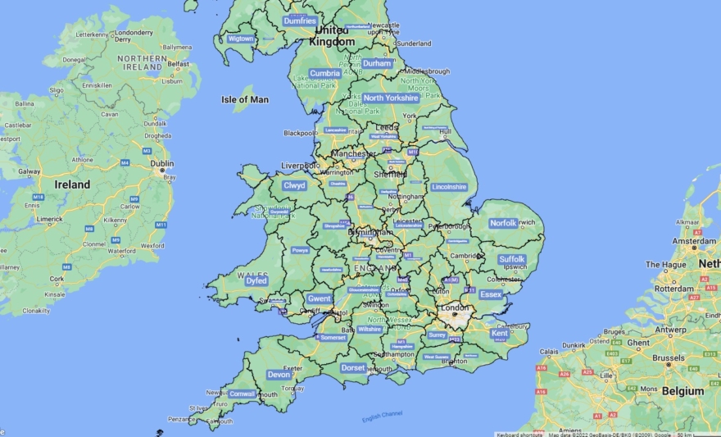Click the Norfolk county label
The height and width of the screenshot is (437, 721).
pos(503,223)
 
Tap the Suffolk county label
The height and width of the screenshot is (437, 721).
pos(512,259)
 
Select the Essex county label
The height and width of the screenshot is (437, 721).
pos(491,294)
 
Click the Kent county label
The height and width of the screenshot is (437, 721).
pos(500,333)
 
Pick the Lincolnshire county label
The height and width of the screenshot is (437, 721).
pos(449,187)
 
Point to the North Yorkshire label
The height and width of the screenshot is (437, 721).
pos(391,98)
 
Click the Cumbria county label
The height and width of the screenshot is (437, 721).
pos(324,73)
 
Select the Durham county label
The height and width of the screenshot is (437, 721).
pos(377,63)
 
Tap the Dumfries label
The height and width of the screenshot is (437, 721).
pos(300,20)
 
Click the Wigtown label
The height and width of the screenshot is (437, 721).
pos(241,39)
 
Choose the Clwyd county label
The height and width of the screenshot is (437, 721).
pos(294,185)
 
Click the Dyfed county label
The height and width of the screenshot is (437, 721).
pos(256,280)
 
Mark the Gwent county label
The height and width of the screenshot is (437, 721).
pos(319,299)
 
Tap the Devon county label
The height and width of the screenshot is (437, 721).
pos(279,375)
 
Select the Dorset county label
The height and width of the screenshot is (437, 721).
pos(353,368)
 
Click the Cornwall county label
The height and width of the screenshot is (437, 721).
pos(243,394)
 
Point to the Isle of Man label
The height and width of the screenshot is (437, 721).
pos(245,99)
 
